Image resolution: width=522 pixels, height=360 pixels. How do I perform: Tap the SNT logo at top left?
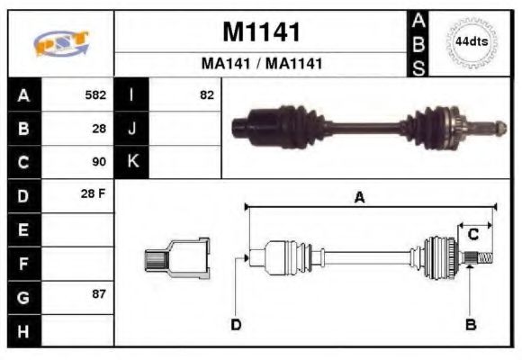[x=61, y=43]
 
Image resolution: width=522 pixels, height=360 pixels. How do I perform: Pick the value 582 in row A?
[x=95, y=94]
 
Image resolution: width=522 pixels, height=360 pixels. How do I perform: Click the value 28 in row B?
[x=99, y=129]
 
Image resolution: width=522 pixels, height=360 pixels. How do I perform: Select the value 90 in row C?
[x=99, y=162]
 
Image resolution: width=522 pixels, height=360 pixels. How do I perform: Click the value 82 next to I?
[x=207, y=94]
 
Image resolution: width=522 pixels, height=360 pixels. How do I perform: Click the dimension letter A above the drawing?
[x=359, y=198]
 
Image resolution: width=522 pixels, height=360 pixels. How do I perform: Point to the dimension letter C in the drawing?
[x=472, y=234]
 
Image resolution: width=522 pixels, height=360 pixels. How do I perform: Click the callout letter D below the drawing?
[x=236, y=325]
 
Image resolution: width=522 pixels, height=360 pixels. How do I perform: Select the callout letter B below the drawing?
[x=470, y=325]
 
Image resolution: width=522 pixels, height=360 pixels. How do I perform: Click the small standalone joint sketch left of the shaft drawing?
[x=178, y=258]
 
